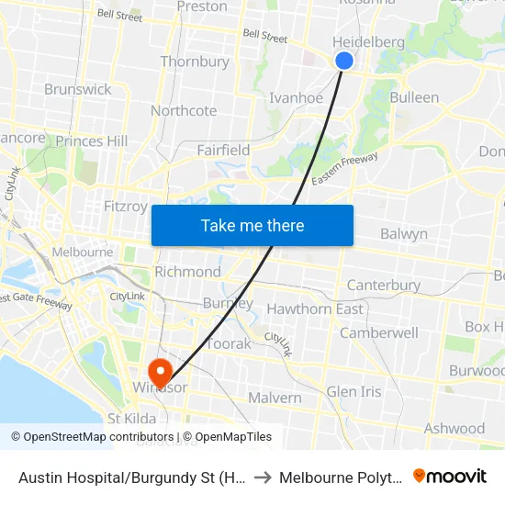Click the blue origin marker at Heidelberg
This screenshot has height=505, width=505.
[x=344, y=61]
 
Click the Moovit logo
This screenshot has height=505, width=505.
[x=450, y=476]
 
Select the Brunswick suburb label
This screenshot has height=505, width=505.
[x=78, y=89]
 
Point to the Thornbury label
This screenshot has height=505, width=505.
[x=195, y=62]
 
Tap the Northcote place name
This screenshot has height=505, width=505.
[x=184, y=111]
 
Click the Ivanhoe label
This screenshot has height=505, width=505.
[x=296, y=97]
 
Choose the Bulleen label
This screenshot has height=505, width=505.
[x=414, y=97]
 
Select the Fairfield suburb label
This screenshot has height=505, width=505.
[x=223, y=150]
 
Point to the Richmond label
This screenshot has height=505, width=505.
[x=187, y=272]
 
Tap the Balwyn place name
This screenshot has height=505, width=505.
[x=403, y=233]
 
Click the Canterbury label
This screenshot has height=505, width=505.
[x=383, y=286]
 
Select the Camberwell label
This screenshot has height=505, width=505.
[x=379, y=332]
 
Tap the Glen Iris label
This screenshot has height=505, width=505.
[x=353, y=391]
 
